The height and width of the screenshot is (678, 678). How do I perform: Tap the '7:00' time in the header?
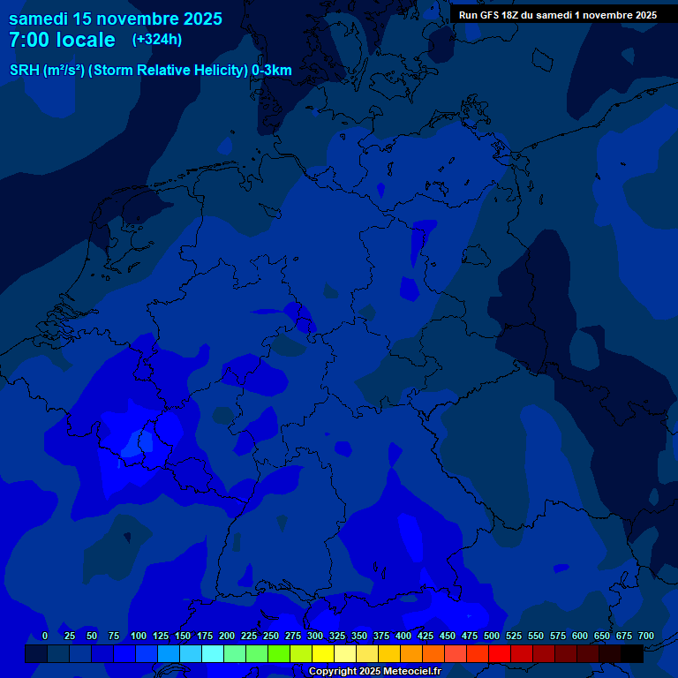pyautogui.click(x=31, y=40)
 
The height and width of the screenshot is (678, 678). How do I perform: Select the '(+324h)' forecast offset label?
pyautogui.click(x=157, y=40)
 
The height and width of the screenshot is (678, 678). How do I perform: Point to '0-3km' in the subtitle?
pyautogui.click(x=272, y=71)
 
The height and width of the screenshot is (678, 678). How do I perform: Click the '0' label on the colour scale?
pyautogui.click(x=45, y=636)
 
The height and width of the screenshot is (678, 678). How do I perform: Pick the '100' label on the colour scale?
pyautogui.click(x=139, y=636)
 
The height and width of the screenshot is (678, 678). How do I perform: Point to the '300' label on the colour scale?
pyautogui.click(x=315, y=636)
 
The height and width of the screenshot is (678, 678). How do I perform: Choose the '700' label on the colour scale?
pyautogui.click(x=646, y=636)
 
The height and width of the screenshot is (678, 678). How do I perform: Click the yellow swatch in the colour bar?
pyautogui.click(x=323, y=654)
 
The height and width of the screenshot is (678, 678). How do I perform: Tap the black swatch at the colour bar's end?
pyautogui.click(x=632, y=654)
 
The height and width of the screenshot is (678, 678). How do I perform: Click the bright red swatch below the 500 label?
pyautogui.click(x=500, y=654)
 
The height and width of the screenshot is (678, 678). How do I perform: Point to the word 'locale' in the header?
pyautogui.click(x=87, y=40)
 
